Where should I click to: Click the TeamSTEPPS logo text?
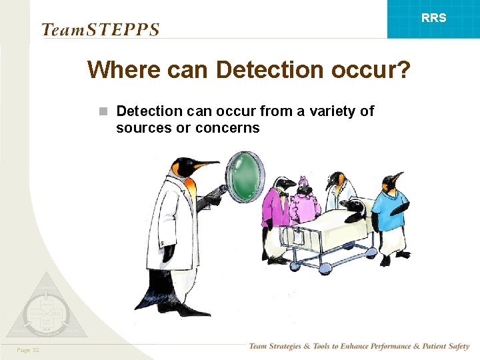100,29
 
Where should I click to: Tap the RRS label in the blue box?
433,18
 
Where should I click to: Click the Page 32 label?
29,350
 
